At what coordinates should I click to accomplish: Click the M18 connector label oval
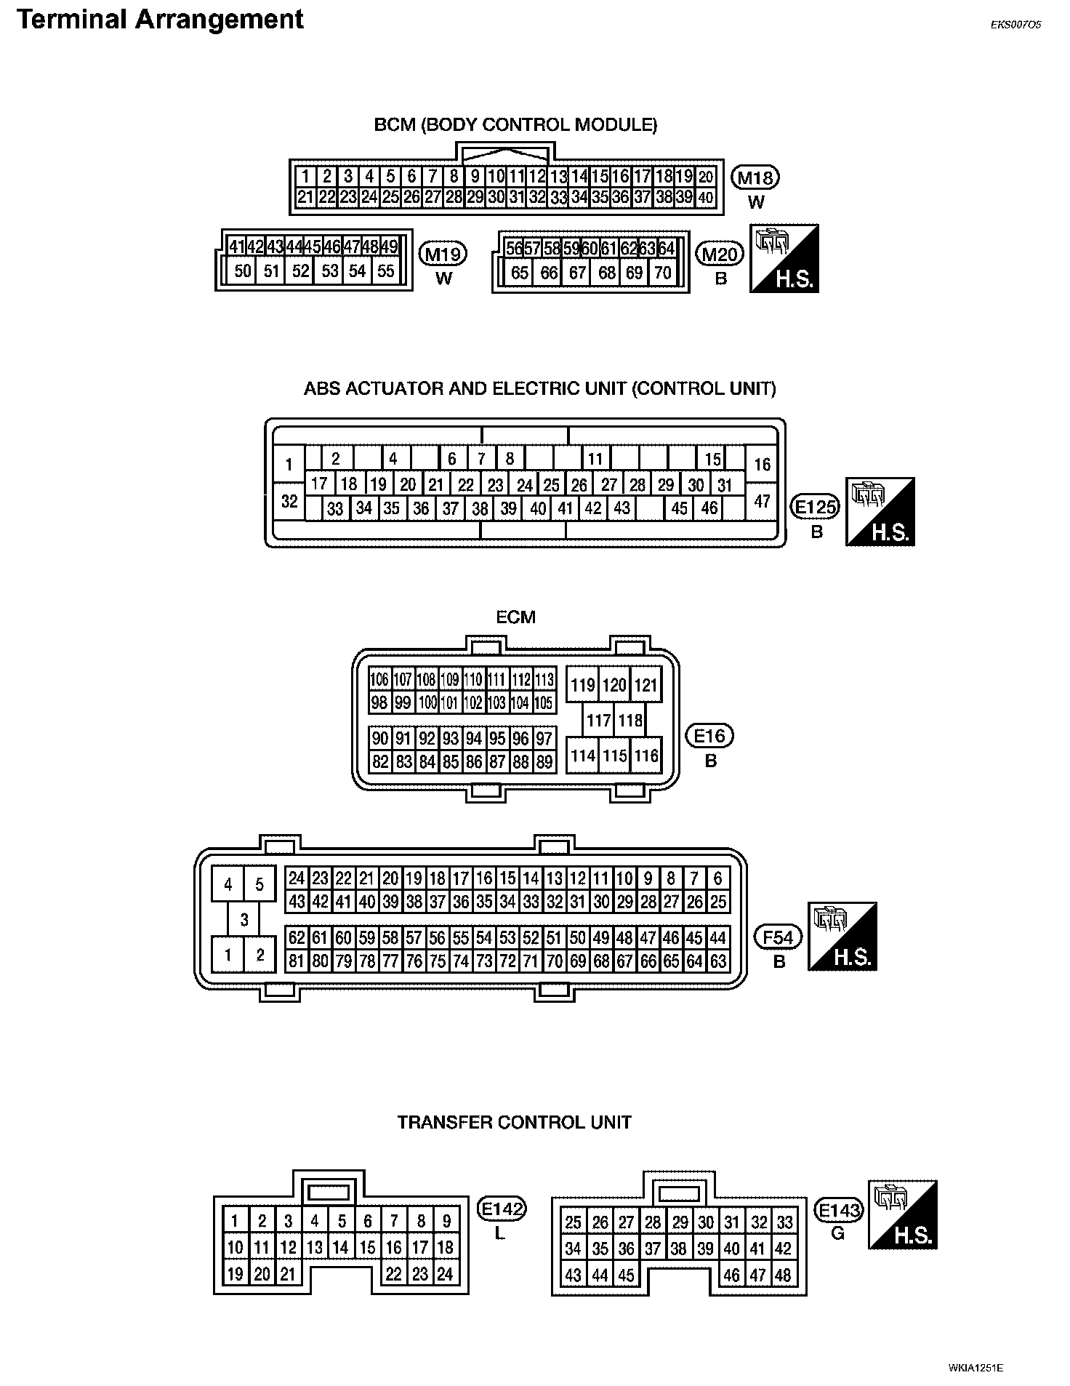(x=757, y=177)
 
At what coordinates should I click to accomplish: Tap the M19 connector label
(x=443, y=255)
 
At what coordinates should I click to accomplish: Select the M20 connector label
(x=720, y=255)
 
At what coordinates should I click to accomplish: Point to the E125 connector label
(x=816, y=508)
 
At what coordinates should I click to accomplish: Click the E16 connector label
(x=710, y=737)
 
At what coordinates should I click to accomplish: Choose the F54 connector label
(x=779, y=937)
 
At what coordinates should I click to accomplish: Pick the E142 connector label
(x=502, y=1209)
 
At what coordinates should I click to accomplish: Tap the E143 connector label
(x=839, y=1211)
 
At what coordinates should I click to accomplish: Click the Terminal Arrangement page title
(x=160, y=20)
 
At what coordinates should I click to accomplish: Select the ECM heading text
(x=515, y=617)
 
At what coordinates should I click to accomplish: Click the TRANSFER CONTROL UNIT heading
(x=514, y=1122)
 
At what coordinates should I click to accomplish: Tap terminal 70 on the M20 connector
(x=662, y=273)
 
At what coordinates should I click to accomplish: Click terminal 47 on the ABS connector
(x=762, y=501)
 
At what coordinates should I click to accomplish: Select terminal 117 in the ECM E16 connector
(x=598, y=721)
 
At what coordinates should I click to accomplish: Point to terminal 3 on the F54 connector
(x=244, y=919)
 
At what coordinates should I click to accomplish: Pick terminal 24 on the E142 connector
(x=445, y=1274)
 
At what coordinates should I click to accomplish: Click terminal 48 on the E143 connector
(x=784, y=1275)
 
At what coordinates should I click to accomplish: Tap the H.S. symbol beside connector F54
(x=843, y=937)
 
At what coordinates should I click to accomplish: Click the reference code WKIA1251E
(x=976, y=1367)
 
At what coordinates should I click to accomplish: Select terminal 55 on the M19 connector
(x=386, y=271)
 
